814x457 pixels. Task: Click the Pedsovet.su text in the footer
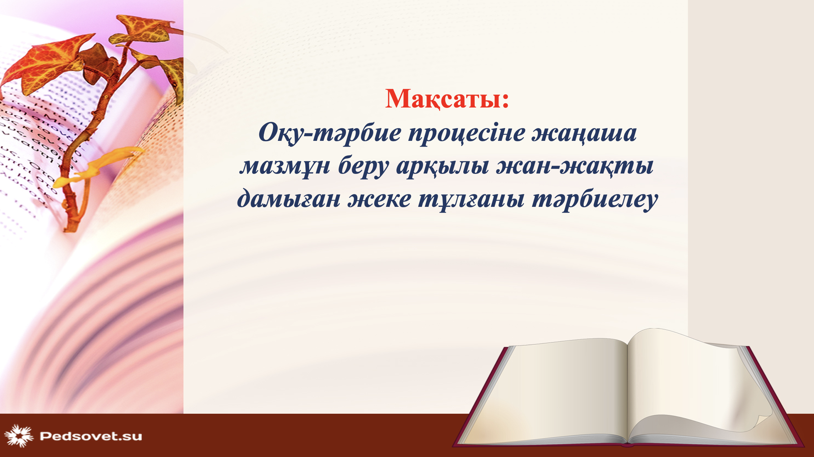[91, 436]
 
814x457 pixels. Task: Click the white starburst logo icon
[19, 436]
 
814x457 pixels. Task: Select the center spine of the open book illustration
[628, 390]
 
